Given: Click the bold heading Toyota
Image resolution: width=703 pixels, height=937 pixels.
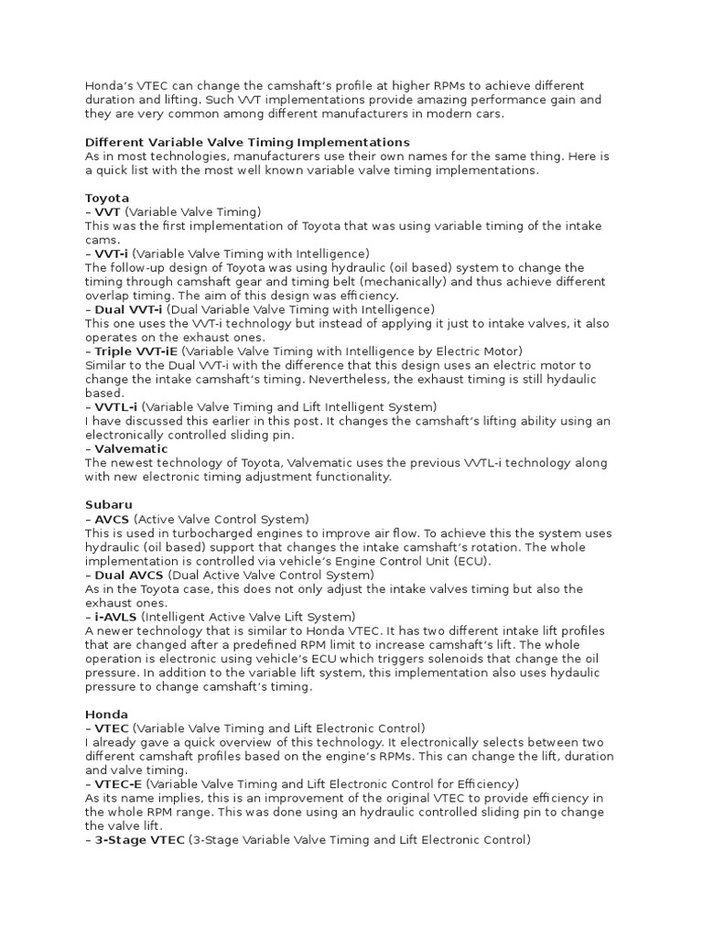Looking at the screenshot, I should coord(107,198).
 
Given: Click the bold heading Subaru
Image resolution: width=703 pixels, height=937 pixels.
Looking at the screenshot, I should coord(109,504).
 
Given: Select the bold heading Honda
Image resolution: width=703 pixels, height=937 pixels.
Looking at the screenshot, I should coord(106,714).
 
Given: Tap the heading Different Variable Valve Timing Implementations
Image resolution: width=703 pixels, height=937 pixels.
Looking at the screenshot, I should coord(247,143).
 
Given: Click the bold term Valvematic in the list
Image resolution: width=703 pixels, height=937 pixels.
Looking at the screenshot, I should coord(131,449).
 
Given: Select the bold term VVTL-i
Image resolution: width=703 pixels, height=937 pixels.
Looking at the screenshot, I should coord(116,406).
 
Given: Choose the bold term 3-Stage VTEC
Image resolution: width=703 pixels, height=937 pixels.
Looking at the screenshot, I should coord(139,839).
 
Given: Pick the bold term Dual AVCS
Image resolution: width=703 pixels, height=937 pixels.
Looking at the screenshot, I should coord(129,575).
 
